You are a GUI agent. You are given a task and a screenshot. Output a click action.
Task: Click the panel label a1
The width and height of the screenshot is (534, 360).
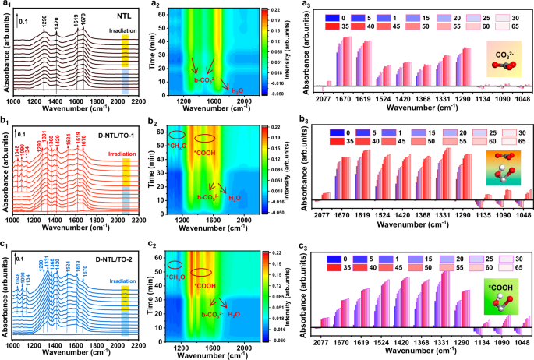coord(6,5)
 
